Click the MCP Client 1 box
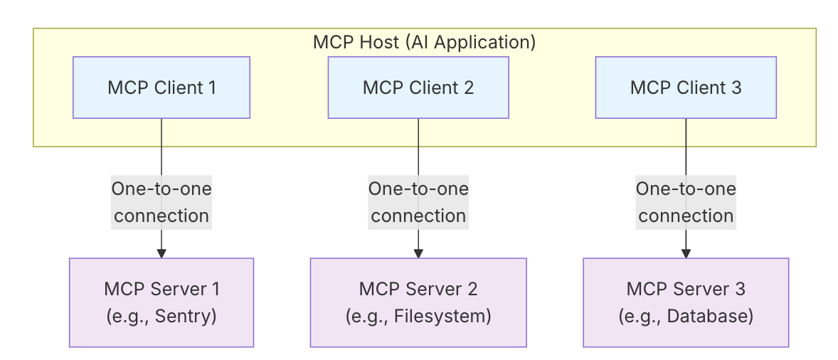(x=161, y=88)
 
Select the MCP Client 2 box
(x=418, y=88)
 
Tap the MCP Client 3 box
(x=686, y=88)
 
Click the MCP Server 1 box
(x=161, y=302)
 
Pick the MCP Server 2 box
(x=418, y=302)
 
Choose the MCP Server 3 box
(x=686, y=302)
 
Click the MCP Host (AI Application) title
(x=424, y=42)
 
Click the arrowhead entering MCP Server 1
(x=161, y=253)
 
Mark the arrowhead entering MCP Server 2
(x=418, y=253)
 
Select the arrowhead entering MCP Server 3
(x=686, y=253)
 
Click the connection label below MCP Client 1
(x=161, y=202)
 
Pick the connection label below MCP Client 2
(x=418, y=202)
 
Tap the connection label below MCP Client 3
(x=686, y=202)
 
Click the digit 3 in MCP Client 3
(x=736, y=88)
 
